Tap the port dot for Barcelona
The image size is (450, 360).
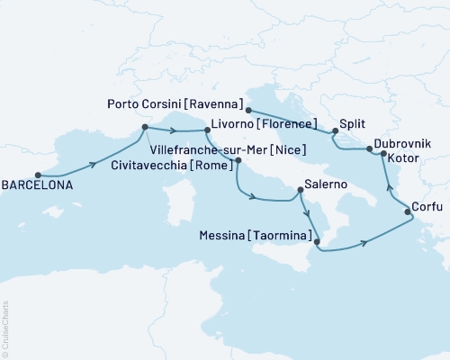(38, 175)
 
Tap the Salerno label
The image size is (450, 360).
(331, 183)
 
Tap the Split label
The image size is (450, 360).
(355, 124)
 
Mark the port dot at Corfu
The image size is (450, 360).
(408, 212)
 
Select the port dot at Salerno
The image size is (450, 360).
(300, 190)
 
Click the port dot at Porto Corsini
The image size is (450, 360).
(247, 112)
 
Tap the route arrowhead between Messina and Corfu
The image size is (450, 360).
(364, 242)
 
